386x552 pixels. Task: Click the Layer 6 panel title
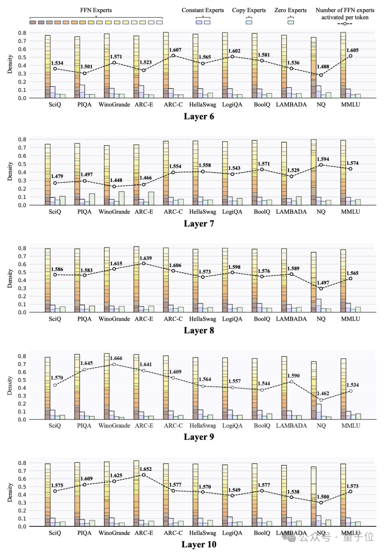coord(199,117)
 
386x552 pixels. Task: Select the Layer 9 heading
coord(199,437)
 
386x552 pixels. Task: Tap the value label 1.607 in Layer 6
coord(175,50)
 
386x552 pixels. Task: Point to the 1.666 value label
coord(116,358)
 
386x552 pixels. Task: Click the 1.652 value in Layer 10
coord(145,469)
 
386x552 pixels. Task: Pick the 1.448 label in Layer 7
coord(116,180)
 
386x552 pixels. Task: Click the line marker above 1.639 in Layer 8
coord(144,263)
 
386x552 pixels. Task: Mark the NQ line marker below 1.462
coord(321,400)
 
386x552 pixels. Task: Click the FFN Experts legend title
coord(96,10)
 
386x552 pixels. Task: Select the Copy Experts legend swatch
coord(249,22)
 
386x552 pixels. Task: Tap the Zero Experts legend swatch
coord(291,22)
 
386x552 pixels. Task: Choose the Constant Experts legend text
coord(203,10)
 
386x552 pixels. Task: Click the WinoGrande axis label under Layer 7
coord(114,212)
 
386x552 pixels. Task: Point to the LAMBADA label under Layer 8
coord(291,319)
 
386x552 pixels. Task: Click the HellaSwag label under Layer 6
coord(203,105)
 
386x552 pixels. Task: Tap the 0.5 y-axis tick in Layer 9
coord(22,380)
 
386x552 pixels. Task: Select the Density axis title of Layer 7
coord(10,172)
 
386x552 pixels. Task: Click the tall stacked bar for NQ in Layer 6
coord(313,68)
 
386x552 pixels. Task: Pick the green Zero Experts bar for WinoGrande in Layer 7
coord(122,198)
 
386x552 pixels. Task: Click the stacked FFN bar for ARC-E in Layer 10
coord(136,494)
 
